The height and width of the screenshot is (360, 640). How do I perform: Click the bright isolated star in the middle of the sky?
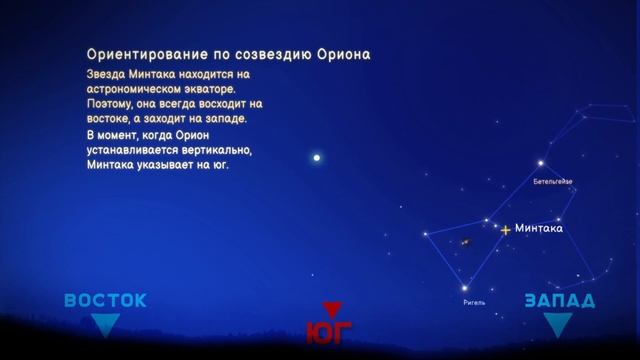click(317, 157)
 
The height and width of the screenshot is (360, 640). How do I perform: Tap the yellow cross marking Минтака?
click(506, 230)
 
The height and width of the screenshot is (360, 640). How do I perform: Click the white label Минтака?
click(539, 228)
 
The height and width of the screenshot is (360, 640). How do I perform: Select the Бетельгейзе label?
click(552, 181)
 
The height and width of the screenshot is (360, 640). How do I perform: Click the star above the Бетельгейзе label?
click(541, 163)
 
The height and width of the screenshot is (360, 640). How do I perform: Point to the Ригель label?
click(474, 299)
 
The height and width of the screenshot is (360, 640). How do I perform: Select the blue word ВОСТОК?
click(105, 300)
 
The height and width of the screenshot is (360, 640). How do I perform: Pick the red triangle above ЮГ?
click(331, 309)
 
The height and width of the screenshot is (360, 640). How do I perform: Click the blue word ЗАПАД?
click(559, 301)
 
